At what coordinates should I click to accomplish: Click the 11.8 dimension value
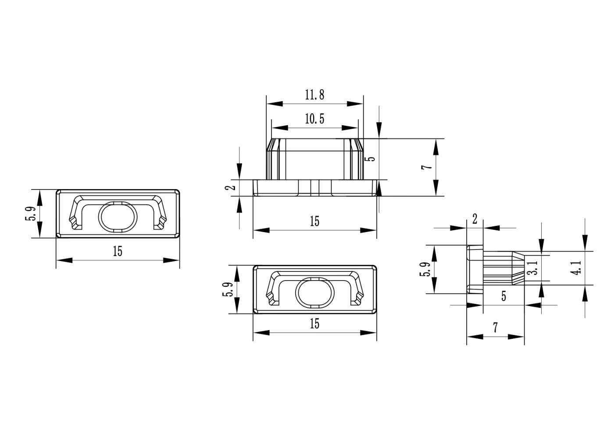pos(315,95)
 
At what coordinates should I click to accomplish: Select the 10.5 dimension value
pos(315,119)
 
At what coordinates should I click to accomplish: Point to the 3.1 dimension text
pos(535,268)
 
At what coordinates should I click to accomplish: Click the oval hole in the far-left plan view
pos(118,217)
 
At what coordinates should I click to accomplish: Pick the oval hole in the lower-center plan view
pos(315,292)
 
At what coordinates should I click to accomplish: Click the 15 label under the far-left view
pos(118,251)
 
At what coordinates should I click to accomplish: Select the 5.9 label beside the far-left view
pos(31,214)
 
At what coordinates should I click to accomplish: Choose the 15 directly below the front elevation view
pos(315,221)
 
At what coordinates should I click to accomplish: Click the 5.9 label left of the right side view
pos(425,270)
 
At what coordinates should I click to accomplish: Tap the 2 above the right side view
pos(475,219)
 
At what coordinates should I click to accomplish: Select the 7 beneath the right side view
pos(495,327)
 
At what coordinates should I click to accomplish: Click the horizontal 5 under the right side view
pos(504,296)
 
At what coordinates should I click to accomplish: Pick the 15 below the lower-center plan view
pos(315,324)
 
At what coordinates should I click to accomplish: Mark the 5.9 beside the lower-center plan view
pos(228,289)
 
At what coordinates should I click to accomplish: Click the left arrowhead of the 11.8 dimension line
pos(275,104)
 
